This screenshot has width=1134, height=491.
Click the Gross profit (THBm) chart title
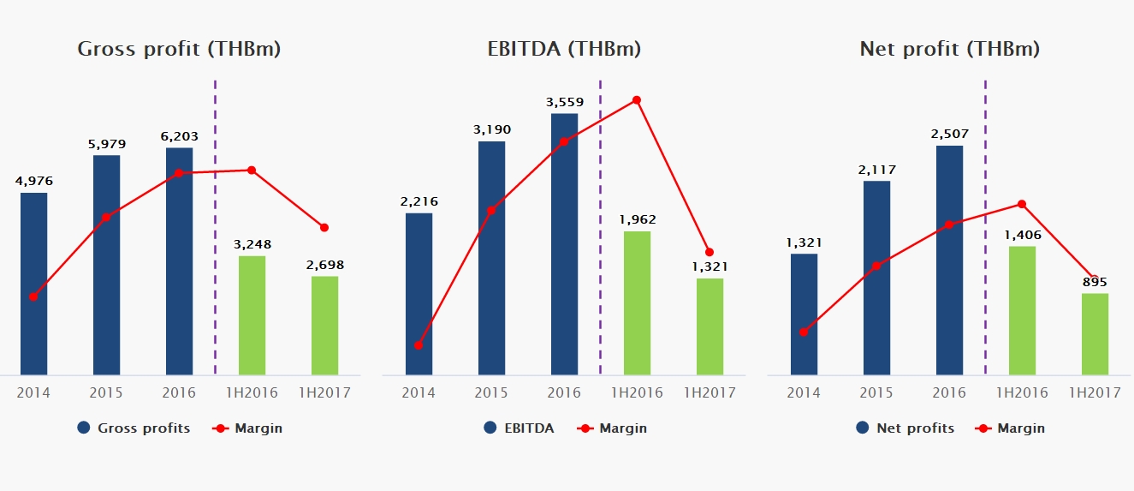pyautogui.click(x=179, y=49)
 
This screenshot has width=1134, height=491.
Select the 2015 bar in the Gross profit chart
pyautogui.click(x=106, y=265)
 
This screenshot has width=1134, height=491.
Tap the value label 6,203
pyautogui.click(x=179, y=135)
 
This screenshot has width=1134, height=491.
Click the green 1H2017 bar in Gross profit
pyautogui.click(x=324, y=326)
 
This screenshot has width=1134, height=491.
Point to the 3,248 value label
pyautogui.click(x=252, y=244)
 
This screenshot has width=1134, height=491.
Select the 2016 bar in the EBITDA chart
pyautogui.click(x=564, y=244)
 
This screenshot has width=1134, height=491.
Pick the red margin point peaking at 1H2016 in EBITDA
pyautogui.click(x=637, y=100)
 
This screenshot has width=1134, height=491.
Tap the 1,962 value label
pyautogui.click(x=637, y=219)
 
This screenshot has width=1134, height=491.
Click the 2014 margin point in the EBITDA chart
pyautogui.click(x=419, y=345)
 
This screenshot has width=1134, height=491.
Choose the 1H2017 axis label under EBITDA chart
pyautogui.click(x=709, y=392)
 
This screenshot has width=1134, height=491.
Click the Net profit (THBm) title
pyautogui.click(x=949, y=49)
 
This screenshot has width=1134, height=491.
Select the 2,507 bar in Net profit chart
pyautogui.click(x=949, y=260)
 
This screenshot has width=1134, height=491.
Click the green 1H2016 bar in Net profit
pyautogui.click(x=1022, y=310)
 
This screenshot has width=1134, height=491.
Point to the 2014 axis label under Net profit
pyautogui.click(x=804, y=392)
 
